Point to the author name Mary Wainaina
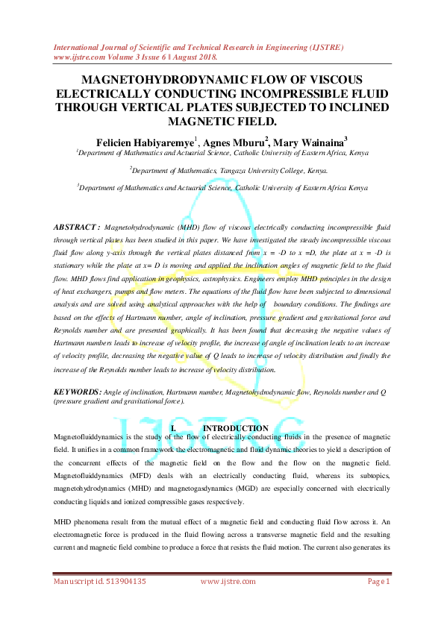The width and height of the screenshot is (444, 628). click(315, 142)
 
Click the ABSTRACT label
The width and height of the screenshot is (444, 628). click(76, 225)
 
